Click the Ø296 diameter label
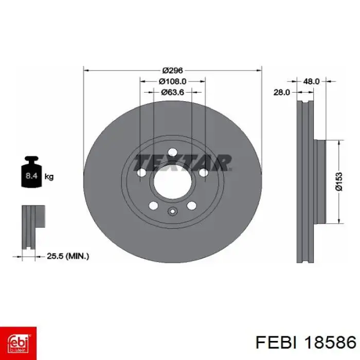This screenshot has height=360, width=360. pos(172,70)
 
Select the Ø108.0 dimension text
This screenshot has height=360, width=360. pos(172,81)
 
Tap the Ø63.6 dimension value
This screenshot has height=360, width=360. pos(172,92)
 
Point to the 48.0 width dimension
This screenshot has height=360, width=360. pos(311,81)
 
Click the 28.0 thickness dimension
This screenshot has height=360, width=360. pos(282,92)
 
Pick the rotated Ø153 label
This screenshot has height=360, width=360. pos(339,182)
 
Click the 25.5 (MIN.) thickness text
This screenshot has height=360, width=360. pos(68,256)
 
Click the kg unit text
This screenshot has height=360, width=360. pos(49,177)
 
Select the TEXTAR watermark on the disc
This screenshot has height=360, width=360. pos(183,163)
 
